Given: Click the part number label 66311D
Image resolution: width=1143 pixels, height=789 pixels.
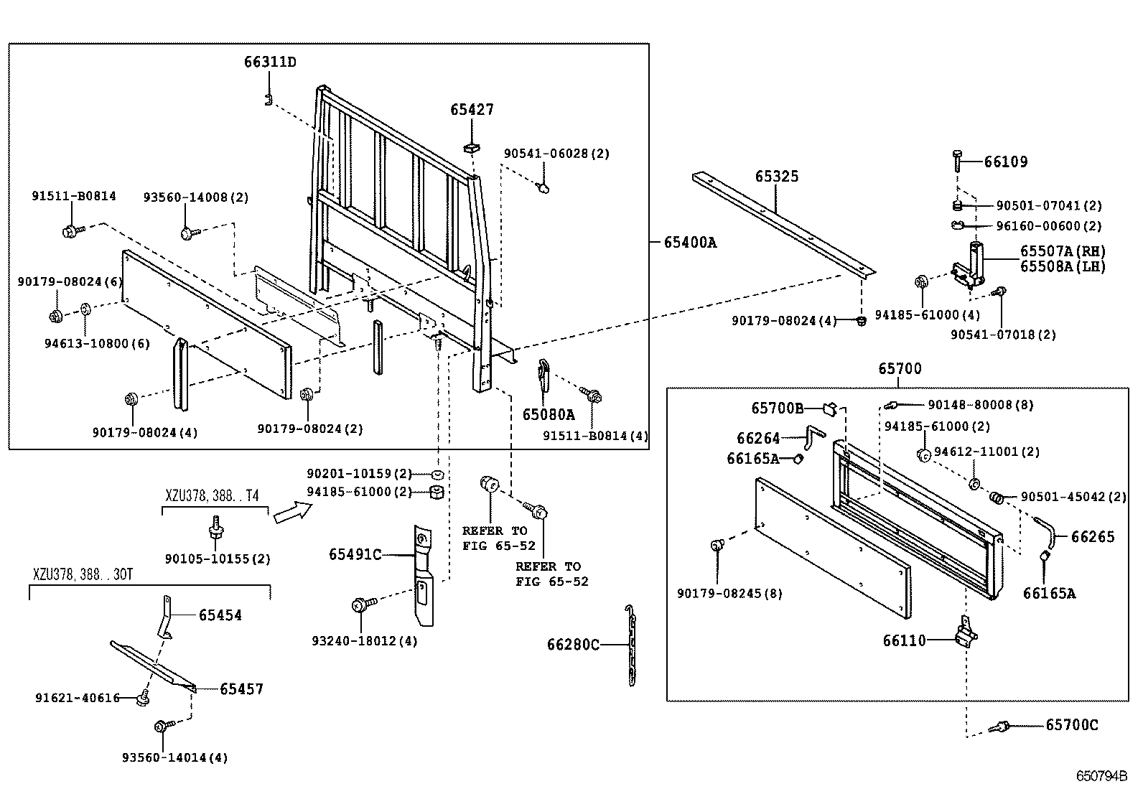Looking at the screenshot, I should pos(270,62).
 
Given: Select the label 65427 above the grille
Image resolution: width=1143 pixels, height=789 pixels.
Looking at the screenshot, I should pos(472,110).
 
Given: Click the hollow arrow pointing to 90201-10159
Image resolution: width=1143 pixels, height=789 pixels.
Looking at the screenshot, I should pos(293,511).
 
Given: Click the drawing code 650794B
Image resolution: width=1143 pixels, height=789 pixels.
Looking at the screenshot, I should pos(1101,776).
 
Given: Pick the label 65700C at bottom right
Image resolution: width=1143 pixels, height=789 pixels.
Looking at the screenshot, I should pos(1071,725).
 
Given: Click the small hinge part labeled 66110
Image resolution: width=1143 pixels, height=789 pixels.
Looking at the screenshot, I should pos(965,633).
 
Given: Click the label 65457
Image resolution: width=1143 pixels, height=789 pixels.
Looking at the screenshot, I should pos(241,689).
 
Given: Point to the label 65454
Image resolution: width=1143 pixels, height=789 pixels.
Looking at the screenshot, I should pos(220,615).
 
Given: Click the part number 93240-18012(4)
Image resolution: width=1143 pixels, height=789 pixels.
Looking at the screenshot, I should pos(365,640).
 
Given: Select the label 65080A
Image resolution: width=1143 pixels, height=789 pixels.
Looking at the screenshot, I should pos(549,414).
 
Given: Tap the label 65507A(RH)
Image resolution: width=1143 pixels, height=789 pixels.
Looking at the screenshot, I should pos(1063,251).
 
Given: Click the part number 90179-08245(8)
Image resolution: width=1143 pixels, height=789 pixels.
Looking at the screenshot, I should pos(729,594).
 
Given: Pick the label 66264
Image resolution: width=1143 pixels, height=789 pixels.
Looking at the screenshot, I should pos(757,438).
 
